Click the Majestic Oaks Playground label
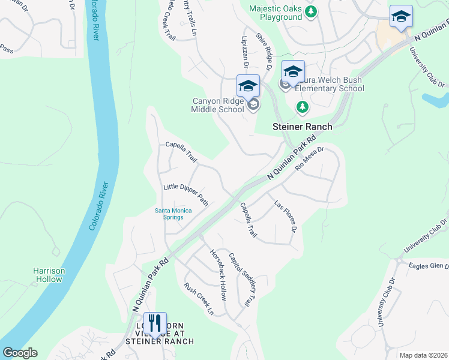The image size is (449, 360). tap(275, 12)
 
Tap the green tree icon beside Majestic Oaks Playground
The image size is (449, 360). tap(311, 11)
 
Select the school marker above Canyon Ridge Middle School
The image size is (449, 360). tap(248, 86)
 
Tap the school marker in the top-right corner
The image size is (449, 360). tap(401, 17)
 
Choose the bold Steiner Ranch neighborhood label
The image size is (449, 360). tap(302, 127)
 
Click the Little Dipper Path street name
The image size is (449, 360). tap(185, 196)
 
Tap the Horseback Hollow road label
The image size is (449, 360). tap(217, 275)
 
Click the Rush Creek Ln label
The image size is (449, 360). tap(199, 299)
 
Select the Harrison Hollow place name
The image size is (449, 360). tap(49, 275)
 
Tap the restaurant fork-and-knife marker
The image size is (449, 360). tap(155, 325)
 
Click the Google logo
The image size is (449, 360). tap(20, 353)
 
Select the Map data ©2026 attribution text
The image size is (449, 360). tap(423, 355)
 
